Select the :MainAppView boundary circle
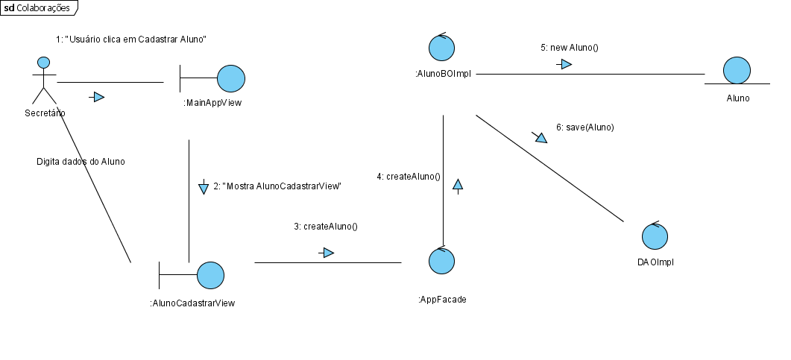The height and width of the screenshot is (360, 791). [x=230, y=78]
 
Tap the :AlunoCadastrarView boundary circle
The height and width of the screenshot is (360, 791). [x=210, y=275]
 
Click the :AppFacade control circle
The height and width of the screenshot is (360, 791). [x=442, y=262]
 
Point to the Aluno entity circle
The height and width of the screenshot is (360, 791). [x=737, y=71]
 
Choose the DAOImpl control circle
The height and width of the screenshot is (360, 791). [x=656, y=236]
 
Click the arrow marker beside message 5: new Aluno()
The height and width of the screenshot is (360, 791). [x=564, y=65]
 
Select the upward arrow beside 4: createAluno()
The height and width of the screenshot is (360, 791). [x=458, y=185]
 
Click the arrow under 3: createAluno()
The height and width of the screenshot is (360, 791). [x=326, y=253]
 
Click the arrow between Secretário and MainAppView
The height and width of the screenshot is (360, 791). [x=96, y=97]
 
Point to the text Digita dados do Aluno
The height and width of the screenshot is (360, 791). [x=81, y=161]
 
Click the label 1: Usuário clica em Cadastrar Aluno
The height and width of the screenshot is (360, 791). [x=131, y=39]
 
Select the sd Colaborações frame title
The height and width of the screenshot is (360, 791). [x=38, y=8]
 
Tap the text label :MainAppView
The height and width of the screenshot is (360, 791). [x=212, y=103]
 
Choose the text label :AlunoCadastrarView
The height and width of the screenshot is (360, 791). [x=192, y=303]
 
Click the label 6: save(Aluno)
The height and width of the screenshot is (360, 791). [x=584, y=127]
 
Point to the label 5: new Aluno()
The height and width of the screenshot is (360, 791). [x=570, y=47]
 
